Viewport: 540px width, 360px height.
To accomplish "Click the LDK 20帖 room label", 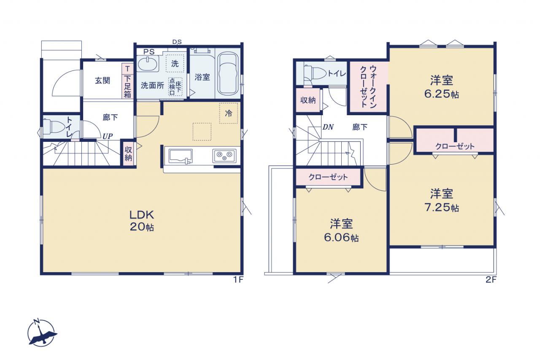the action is pos(142,221).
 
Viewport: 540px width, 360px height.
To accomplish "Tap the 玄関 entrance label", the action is pos(103,81).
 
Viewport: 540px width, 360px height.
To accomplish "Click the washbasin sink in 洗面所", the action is pos(148,64).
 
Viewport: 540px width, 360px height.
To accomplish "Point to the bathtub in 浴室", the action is pos(228,73).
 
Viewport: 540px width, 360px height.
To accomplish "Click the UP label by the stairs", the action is pos(108,136).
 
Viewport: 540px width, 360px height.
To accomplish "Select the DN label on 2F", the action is pos(328,127).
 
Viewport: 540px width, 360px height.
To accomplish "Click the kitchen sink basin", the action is pos(181,156).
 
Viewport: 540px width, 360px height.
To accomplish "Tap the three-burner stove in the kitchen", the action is pos(224,156).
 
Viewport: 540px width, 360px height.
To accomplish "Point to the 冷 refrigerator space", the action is pos(229,113).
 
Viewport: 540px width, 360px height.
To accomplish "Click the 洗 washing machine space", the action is pos(175,63).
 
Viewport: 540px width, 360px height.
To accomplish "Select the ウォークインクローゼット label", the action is pos(368,87).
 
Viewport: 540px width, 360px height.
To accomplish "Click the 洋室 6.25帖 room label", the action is pos(442,87).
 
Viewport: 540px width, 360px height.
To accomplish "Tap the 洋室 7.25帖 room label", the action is pos(442,200).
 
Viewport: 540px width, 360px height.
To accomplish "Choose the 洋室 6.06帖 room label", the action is pos(341,230).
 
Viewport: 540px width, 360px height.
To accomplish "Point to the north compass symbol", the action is pos(41,333).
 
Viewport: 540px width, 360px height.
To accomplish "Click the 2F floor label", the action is pos(491,280).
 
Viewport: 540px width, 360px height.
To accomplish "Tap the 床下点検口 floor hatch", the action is pos(175,87).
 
